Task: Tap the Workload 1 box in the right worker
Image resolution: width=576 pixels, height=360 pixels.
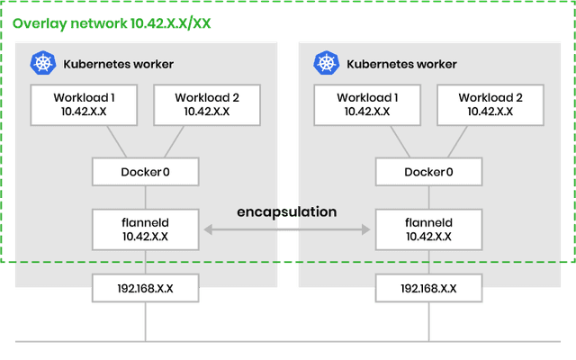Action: (364, 104)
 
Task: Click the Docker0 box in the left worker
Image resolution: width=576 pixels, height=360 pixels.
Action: (146, 172)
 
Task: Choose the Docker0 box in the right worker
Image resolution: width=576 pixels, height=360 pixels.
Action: (428, 172)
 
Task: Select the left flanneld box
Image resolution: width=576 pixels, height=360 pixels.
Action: (146, 229)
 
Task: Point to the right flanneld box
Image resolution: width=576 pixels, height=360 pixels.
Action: (428, 229)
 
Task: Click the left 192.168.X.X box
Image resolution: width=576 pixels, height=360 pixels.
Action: (146, 290)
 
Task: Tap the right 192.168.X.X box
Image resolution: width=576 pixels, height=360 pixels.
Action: (428, 290)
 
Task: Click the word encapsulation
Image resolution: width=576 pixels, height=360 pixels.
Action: (286, 211)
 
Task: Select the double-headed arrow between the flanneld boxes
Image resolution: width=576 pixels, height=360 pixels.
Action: (286, 231)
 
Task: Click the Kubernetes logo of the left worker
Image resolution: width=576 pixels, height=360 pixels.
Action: (42, 64)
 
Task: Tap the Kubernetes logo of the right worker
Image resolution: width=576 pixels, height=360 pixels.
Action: (325, 64)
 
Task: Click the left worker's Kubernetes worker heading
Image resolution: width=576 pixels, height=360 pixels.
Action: (118, 65)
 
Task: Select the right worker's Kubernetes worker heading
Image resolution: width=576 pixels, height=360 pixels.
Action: (400, 65)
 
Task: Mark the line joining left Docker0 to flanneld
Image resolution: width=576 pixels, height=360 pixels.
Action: (146, 196)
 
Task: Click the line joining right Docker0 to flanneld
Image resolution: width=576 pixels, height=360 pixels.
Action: (428, 196)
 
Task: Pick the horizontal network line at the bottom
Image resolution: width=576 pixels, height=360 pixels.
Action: (288, 342)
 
